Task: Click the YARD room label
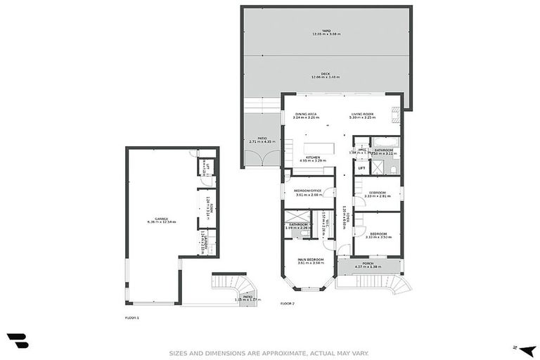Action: coord(326,31)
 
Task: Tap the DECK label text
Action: coord(326,75)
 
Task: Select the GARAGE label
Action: coord(161,219)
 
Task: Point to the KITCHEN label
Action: coord(313,157)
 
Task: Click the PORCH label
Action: coord(368,264)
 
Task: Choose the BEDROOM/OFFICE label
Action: coord(308,191)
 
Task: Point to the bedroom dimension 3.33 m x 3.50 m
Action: coord(378,237)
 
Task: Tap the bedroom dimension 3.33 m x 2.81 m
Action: coord(378,196)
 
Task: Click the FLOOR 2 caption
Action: coord(288,303)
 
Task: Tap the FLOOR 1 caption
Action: coord(132,318)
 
